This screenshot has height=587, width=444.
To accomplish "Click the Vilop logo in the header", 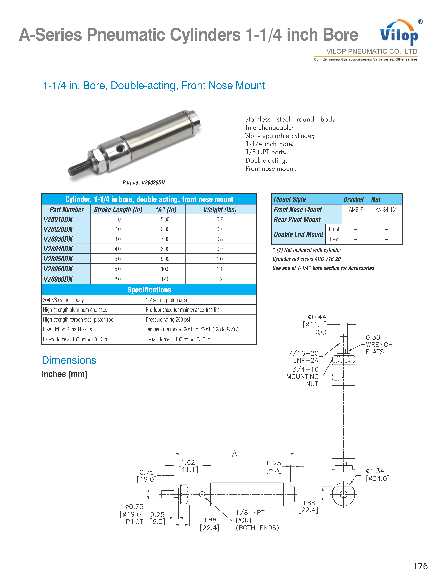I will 399,33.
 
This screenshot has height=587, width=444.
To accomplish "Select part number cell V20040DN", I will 58,249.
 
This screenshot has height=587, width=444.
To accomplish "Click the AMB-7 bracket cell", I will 356,210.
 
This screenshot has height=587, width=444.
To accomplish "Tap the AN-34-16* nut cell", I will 386,210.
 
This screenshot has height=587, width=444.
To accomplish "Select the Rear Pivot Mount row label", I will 297,219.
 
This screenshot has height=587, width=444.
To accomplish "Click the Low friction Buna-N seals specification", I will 67,329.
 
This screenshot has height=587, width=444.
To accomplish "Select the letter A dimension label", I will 235,454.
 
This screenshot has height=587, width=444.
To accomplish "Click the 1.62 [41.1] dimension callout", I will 188,466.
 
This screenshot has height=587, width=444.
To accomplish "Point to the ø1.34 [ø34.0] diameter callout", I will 377,475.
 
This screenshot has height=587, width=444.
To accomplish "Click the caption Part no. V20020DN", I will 144,183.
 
